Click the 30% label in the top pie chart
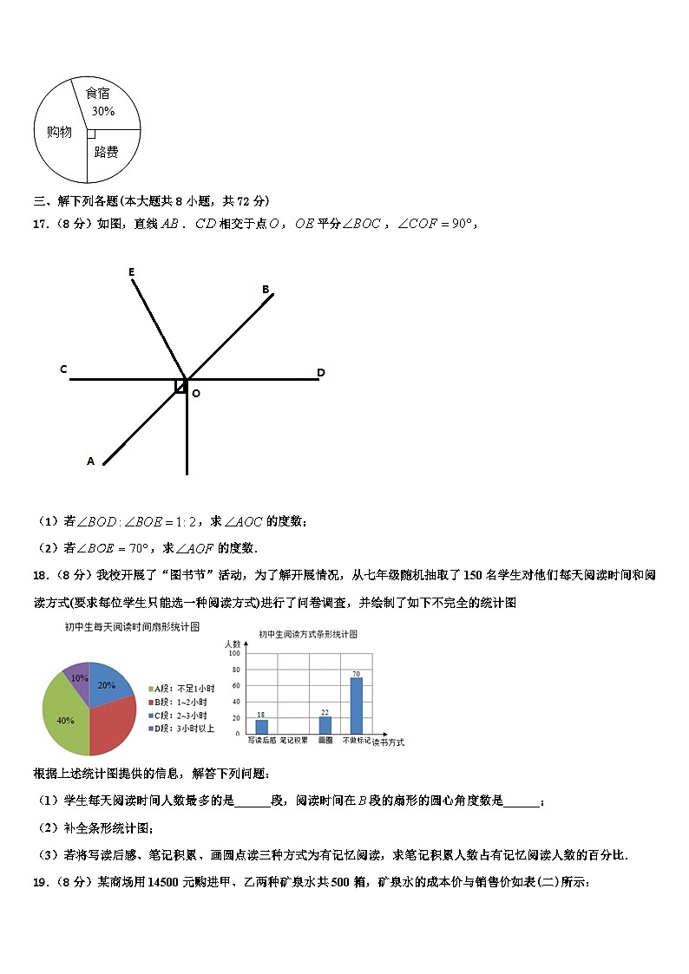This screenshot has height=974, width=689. click(103, 111)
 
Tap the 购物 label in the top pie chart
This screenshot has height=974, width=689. click(59, 132)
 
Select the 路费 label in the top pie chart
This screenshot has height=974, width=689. click(106, 153)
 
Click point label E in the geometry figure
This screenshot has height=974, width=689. click(132, 272)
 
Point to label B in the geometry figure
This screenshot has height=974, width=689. click(266, 290)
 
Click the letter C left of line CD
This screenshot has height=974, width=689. click(63, 369)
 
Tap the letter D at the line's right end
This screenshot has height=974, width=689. click(320, 373)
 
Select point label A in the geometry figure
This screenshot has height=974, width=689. click(90, 461)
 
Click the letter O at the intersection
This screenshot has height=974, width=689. click(196, 394)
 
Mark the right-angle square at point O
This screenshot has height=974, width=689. click(180, 386)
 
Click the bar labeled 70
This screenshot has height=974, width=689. click(356, 705)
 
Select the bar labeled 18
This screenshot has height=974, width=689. click(261, 727)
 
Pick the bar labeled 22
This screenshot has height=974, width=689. click(325, 725)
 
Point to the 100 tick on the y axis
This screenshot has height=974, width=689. click(233, 653)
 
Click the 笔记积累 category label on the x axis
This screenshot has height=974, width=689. click(293, 741)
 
